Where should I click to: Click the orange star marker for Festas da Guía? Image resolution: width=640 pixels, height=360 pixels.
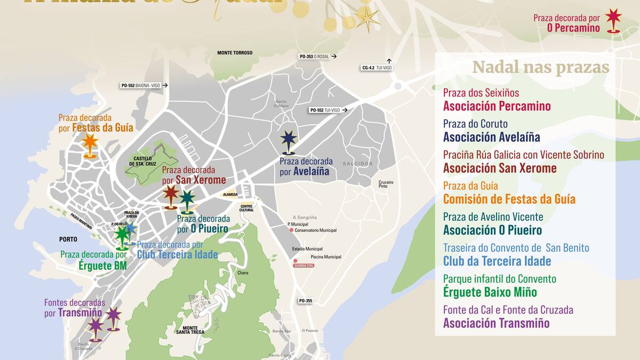(x=90, y=143)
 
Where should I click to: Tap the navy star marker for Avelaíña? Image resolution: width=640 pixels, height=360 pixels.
(x=289, y=140)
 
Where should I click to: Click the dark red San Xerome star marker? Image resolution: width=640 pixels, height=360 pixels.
(x=171, y=194)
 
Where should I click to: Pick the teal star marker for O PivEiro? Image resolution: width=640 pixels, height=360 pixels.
(x=187, y=199)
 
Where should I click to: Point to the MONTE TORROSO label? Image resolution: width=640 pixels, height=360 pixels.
(x=235, y=53)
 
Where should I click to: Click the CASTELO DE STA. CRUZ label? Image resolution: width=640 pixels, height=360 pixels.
(x=143, y=161)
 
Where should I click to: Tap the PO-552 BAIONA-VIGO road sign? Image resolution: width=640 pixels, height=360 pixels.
(x=141, y=85)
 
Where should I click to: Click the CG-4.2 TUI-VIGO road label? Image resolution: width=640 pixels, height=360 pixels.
(x=377, y=68)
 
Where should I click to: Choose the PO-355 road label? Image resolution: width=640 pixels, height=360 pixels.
(x=306, y=301)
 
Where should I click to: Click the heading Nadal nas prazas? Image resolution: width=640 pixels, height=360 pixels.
(x=540, y=68)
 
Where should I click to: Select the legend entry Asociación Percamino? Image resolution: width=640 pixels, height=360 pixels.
(x=497, y=106)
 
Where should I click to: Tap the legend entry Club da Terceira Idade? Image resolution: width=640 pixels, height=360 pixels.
(x=497, y=261)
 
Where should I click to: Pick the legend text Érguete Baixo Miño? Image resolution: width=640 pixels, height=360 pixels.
(x=490, y=292)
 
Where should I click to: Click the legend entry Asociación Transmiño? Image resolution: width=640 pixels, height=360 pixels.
(x=496, y=323)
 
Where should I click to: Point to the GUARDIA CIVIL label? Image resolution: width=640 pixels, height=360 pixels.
(x=303, y=265)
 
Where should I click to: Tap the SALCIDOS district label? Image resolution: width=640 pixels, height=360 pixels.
(x=357, y=164)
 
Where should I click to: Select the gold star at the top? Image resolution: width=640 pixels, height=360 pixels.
(x=367, y=19)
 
